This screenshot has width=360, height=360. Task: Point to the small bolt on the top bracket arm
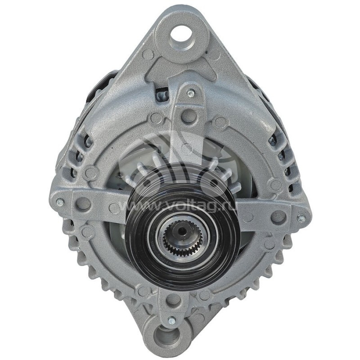(x=191, y=93)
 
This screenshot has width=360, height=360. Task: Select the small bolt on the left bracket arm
(x=59, y=202)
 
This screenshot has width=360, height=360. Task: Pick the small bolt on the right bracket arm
(x=301, y=218)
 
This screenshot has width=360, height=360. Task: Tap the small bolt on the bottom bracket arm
(x=171, y=321)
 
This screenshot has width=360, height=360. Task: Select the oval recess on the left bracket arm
(x=83, y=203)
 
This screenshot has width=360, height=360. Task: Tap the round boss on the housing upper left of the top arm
(x=157, y=118)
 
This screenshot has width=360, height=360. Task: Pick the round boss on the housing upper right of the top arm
(x=220, y=121)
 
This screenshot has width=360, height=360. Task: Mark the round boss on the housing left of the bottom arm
(x=143, y=291)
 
